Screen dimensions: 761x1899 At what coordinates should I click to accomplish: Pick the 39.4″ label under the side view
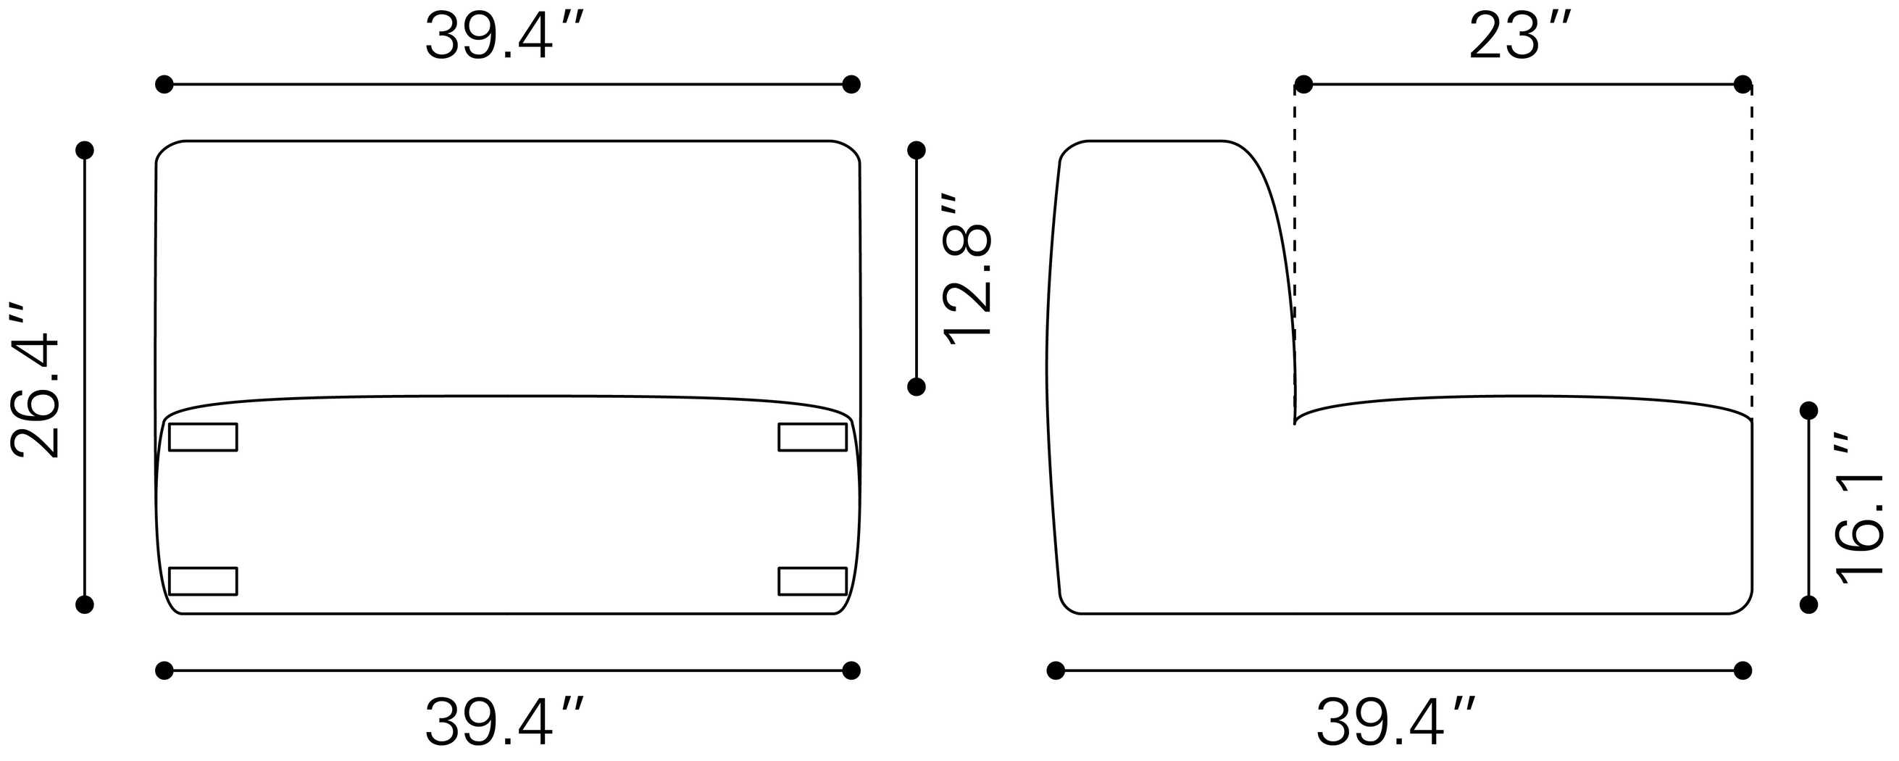1397,723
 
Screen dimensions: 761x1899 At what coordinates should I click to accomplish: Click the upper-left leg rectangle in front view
203,437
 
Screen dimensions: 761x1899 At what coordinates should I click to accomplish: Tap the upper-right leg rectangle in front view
812,437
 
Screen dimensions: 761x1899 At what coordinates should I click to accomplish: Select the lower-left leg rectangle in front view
203,581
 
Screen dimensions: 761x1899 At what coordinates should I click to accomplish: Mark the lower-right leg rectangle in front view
812,581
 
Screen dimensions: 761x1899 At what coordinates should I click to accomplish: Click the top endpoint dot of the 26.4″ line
85,151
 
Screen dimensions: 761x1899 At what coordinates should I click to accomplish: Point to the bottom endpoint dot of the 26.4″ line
85,604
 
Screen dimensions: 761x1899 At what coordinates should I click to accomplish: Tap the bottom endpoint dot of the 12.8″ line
917,386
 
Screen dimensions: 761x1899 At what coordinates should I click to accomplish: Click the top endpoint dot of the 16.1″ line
1809,410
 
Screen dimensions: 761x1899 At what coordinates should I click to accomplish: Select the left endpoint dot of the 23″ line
1303,85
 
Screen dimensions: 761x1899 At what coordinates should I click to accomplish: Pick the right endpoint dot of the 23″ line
1743,85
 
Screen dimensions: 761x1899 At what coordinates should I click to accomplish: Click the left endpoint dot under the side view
1056,670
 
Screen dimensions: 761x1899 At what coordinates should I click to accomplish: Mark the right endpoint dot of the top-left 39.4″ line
851,85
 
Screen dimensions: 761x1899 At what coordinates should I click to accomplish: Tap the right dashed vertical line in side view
1753,251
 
